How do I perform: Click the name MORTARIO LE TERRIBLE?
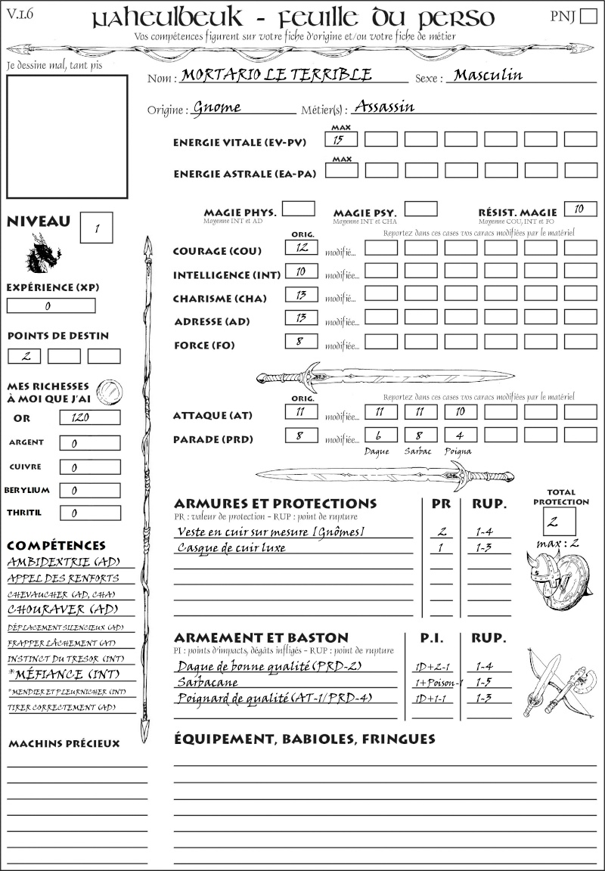(277, 76)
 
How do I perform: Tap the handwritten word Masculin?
(488, 76)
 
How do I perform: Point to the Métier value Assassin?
(384, 107)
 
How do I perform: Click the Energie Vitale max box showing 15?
(342, 139)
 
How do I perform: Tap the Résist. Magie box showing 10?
(580, 209)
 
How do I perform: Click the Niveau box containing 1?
(98, 227)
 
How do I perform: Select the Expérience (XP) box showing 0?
(51, 306)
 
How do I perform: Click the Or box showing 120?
(90, 417)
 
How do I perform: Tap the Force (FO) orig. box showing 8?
(301, 342)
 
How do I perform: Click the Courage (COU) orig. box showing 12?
(301, 247)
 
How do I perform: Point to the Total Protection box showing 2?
(560, 521)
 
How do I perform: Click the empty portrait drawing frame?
(67, 135)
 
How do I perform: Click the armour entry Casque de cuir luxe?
(231, 547)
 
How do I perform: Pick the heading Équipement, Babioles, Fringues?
(305, 738)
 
